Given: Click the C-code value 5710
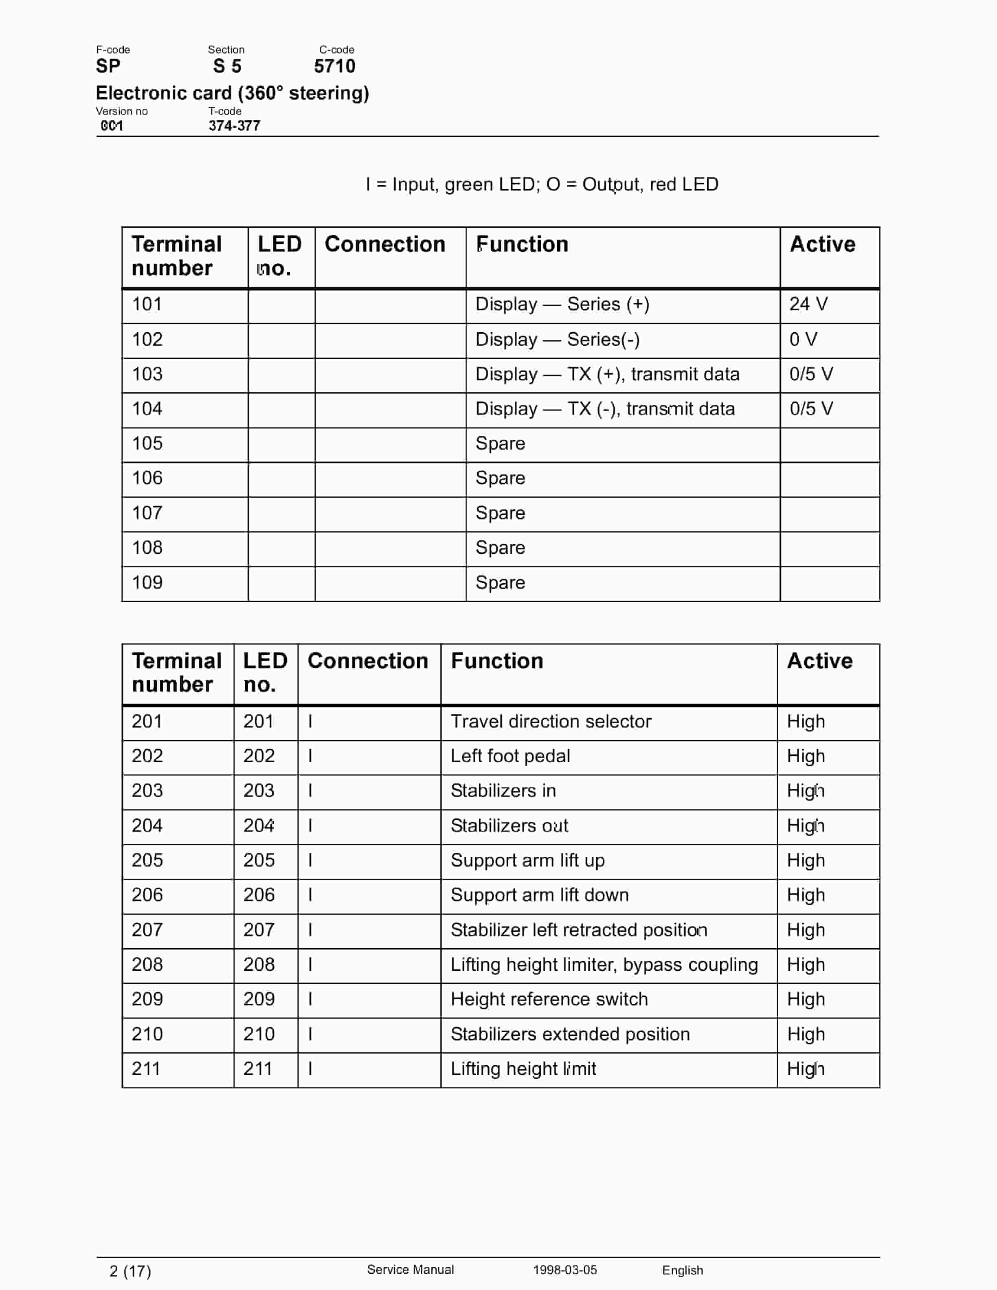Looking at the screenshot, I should pos(334,66).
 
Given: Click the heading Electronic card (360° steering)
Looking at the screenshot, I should pos(232,93).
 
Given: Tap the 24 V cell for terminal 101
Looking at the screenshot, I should pos(808,304).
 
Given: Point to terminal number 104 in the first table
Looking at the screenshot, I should pos(147,409).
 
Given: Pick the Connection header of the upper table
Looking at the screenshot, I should pos(384,245).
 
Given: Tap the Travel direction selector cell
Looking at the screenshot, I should pos(551,722).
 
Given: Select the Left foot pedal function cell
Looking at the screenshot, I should pos(510,757).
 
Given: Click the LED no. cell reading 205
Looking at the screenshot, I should pos(259,860).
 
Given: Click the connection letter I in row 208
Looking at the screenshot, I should pos(310,965).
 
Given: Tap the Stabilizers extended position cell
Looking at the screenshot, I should pos(570,1034).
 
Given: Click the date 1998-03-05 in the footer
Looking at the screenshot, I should pos(564,1270).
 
